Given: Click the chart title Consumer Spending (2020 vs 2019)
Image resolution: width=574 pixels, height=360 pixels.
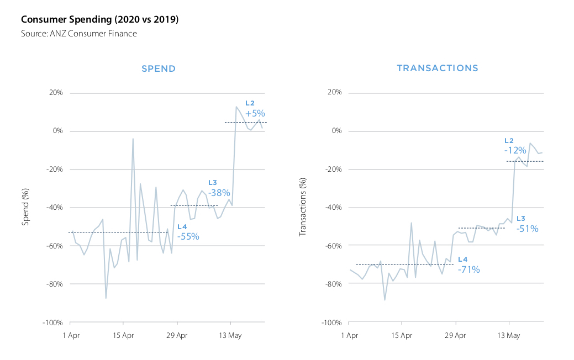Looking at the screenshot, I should (99, 20).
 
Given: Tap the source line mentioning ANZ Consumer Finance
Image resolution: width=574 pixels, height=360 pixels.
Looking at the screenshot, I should (79, 34).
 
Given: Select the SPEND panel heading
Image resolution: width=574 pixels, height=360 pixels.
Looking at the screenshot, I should (159, 69).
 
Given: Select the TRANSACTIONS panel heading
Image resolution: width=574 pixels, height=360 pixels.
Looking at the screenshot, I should (438, 68).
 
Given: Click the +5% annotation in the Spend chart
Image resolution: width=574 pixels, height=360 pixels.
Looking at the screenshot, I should (255, 113).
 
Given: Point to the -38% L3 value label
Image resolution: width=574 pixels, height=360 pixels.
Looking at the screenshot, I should (219, 193).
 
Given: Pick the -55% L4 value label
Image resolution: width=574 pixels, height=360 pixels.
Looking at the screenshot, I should (188, 236).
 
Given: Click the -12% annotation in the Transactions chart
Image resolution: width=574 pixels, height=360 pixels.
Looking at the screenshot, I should (515, 150).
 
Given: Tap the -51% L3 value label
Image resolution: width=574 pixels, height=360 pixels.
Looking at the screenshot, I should (527, 229).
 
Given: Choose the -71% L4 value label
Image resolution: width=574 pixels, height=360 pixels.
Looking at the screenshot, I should (469, 270).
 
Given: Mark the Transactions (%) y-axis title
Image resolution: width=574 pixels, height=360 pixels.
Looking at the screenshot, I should (302, 207).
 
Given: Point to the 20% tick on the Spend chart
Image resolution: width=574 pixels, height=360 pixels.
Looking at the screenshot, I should (55, 93).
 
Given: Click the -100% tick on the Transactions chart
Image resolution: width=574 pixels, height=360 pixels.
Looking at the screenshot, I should (331, 322).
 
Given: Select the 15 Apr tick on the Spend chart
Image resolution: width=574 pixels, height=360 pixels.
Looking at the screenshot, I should (124, 335).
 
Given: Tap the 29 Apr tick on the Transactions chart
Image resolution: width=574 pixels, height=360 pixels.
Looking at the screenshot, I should (456, 335).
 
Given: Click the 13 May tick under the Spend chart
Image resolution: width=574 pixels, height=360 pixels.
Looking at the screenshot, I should (230, 335).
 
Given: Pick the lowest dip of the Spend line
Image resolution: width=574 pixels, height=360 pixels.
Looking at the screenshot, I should (106, 298).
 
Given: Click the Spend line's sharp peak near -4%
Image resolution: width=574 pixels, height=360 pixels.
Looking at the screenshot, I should (133, 139).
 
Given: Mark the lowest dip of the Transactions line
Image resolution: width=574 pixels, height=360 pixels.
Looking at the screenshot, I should (385, 300).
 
